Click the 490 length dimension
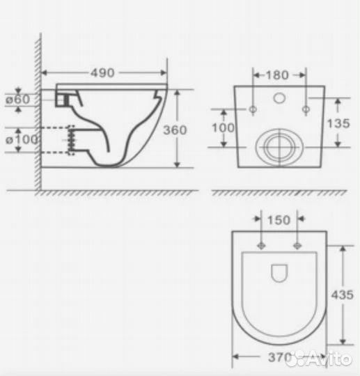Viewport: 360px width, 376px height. pyautogui.click(x=104, y=72)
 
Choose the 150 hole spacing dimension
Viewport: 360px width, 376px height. pyautogui.click(x=279, y=221)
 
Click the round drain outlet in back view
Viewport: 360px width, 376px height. pyautogui.click(x=279, y=146)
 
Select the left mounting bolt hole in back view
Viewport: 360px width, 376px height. pyautogui.click(x=252, y=108)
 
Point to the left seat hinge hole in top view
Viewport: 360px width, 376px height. pyautogui.click(x=262, y=245)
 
